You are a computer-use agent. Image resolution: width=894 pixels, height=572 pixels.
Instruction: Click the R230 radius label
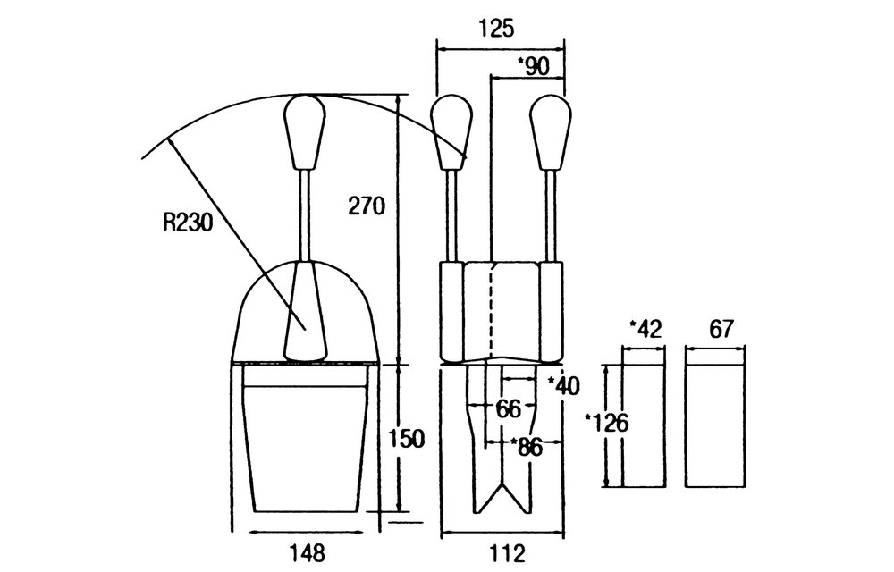coord(188,223)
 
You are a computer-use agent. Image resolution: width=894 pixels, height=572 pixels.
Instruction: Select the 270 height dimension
coord(367,206)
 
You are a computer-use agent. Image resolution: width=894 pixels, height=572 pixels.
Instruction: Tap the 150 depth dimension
coord(407,439)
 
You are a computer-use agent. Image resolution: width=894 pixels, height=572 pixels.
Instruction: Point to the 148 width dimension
coord(307,552)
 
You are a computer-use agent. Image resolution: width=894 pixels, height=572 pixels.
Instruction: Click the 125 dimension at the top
coord(495,28)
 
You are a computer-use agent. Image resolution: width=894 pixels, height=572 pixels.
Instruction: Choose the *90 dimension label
coord(533,67)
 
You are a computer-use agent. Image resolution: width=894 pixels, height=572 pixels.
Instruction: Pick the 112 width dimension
coord(506,552)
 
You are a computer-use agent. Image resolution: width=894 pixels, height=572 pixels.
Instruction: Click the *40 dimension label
coord(563,386)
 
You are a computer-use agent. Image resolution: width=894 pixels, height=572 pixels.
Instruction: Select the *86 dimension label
coord(527,447)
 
